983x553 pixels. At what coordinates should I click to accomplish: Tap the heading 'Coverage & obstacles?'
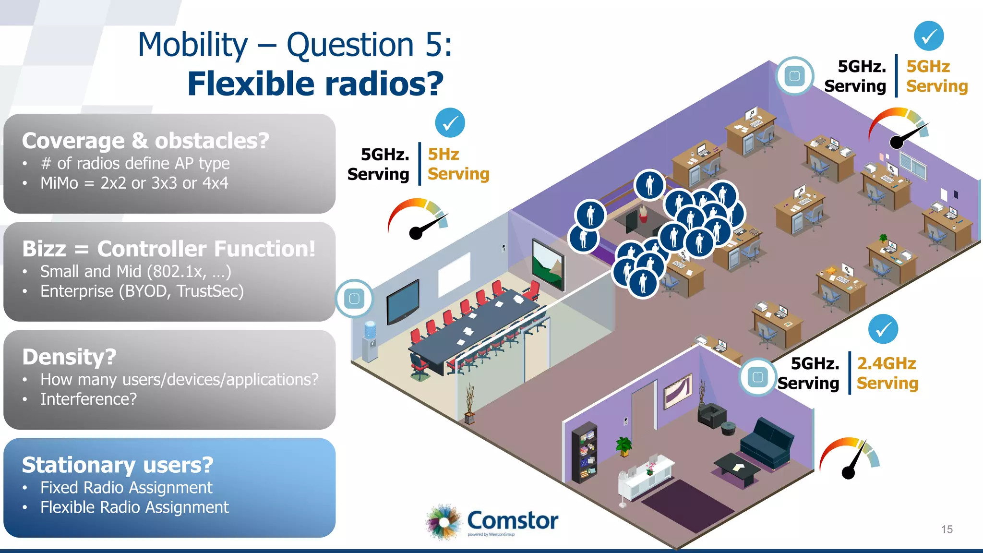145,141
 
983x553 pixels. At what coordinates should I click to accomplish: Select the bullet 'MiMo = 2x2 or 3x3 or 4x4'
134,183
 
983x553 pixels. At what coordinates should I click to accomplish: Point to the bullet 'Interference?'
88,399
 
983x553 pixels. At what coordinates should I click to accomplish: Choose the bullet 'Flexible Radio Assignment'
134,507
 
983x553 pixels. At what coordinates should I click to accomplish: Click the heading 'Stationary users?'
118,465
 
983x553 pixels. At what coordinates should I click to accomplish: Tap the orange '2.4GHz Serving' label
887,373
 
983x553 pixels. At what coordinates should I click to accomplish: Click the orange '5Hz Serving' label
458,164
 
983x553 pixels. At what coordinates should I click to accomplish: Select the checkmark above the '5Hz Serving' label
450,123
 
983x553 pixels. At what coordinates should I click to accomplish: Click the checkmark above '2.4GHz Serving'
883,329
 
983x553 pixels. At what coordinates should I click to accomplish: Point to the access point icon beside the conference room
354,299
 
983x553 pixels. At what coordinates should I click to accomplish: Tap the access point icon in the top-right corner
794,76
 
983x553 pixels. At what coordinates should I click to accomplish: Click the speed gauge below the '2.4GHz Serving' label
850,458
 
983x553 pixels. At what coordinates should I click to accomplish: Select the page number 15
947,529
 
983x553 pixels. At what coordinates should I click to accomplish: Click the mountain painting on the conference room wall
548,264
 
